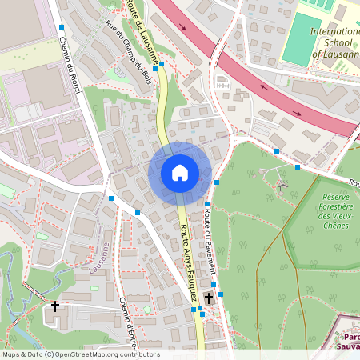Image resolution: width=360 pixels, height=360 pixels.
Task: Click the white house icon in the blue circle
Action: point(179,173)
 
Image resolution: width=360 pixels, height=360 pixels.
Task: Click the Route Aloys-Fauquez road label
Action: point(190,263)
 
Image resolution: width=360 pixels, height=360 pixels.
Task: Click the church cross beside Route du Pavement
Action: point(208,298)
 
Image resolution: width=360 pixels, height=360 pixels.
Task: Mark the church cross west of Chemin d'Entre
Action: point(55,306)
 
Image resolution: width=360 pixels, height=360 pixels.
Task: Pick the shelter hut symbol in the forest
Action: point(282,186)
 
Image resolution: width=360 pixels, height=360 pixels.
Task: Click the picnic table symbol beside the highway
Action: point(223,82)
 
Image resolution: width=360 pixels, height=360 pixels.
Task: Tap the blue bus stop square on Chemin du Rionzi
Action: point(62,27)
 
